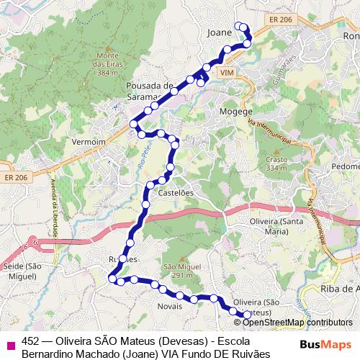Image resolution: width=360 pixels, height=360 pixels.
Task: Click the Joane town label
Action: click(x=219, y=32)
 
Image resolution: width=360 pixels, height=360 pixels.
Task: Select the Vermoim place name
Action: click(x=89, y=143)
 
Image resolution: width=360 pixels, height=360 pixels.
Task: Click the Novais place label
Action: click(x=169, y=305)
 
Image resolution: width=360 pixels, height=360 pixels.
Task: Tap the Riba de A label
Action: click(x=341, y=289)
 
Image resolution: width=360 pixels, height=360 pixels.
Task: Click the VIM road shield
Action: click(x=228, y=74)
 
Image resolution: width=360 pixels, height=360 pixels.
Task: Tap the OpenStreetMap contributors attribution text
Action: click(x=299, y=323)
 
